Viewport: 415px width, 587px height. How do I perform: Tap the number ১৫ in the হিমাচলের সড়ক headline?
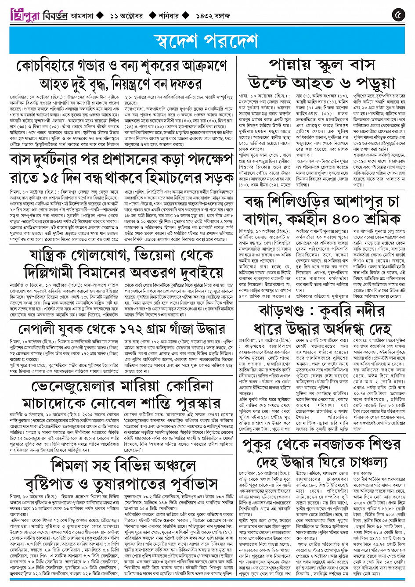[55, 178]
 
